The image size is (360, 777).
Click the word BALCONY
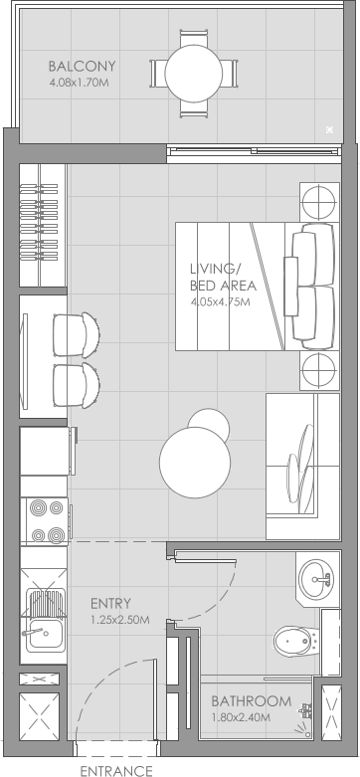click(x=83, y=67)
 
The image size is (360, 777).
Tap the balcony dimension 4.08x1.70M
click(x=79, y=84)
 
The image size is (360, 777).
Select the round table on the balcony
click(x=195, y=73)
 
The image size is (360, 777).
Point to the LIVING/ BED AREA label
click(x=216, y=277)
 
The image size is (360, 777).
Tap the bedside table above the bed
click(x=319, y=204)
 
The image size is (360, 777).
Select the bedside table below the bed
click(x=319, y=371)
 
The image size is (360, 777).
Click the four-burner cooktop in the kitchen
click(x=45, y=521)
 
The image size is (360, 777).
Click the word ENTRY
click(x=110, y=603)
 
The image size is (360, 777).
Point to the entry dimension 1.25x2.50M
click(x=119, y=620)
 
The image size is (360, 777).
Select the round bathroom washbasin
click(x=318, y=576)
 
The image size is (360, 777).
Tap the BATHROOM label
click(x=251, y=700)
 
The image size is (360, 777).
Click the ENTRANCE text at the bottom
click(x=116, y=769)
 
